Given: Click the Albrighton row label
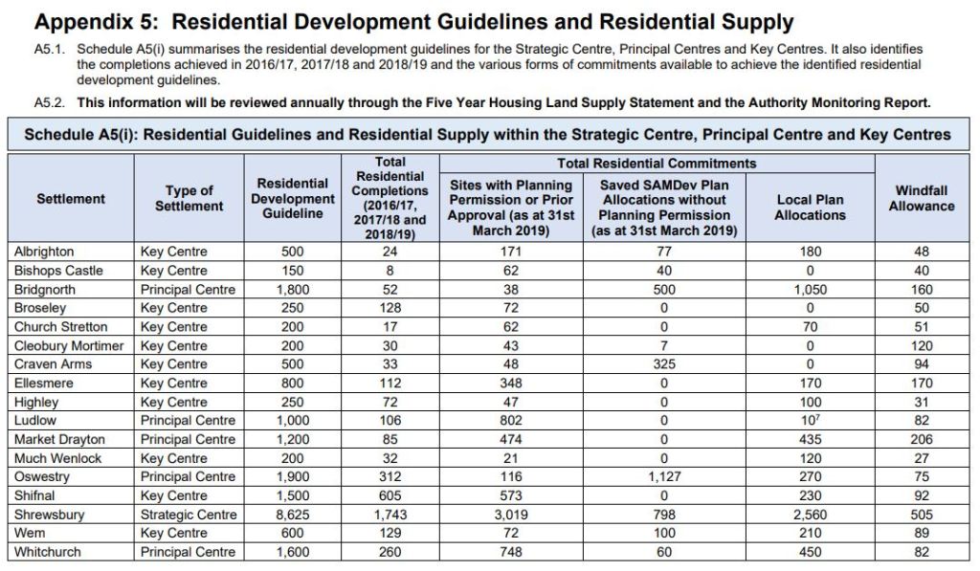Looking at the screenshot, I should point(44,252).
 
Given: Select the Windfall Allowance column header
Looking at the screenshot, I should point(921,199).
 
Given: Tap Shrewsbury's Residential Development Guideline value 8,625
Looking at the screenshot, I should point(294,515).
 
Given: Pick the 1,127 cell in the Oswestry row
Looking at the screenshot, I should point(664,477).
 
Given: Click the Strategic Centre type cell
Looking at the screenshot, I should point(188,515).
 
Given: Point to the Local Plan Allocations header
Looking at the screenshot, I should point(810,208).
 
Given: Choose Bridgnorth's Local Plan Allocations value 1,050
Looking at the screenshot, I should point(810,289).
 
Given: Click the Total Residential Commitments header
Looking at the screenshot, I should point(656,164).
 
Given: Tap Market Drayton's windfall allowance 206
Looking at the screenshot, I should point(921,439).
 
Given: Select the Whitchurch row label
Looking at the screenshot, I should point(47,552).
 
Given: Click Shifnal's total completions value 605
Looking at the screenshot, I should point(390,495).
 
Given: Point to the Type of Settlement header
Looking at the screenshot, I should point(189,199).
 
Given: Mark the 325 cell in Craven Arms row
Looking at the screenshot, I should point(664,364).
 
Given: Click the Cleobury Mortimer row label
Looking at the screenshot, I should point(69,345).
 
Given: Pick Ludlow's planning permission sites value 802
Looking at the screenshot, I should point(510,421).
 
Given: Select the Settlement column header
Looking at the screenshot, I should point(71,199).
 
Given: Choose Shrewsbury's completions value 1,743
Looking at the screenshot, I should point(390,515).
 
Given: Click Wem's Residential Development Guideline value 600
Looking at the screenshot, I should point(294,533).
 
